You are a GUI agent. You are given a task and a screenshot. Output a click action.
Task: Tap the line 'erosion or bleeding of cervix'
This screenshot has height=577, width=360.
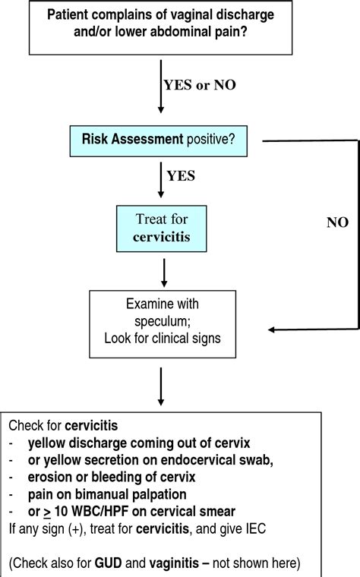click(x=112, y=477)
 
